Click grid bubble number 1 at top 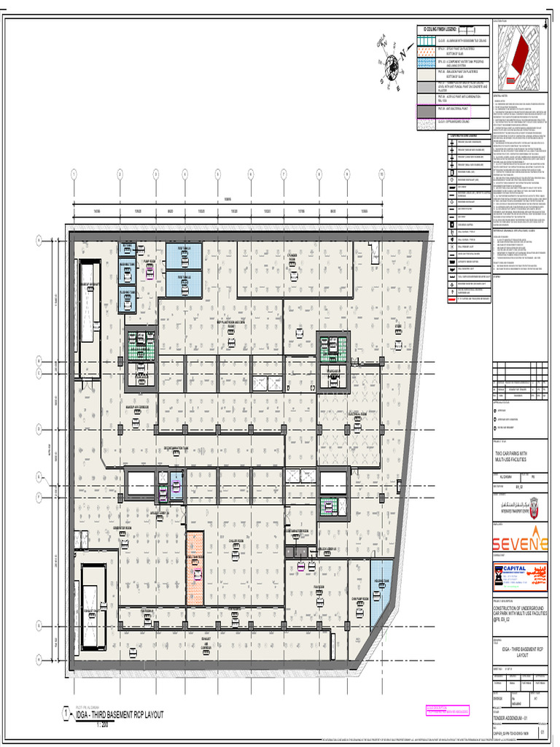pyautogui.click(x=73, y=174)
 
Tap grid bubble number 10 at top pyautogui.click(x=381, y=174)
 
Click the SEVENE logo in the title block pyautogui.click(x=518, y=543)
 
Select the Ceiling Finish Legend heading pyautogui.click(x=435, y=29)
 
